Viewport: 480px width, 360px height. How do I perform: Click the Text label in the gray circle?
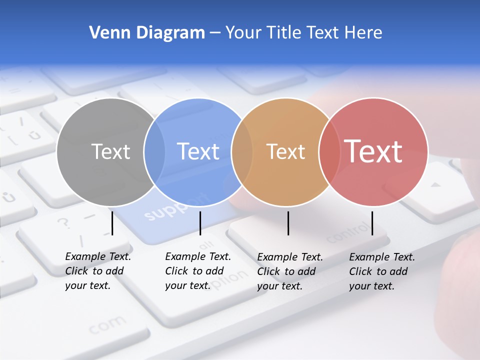[x=110, y=151]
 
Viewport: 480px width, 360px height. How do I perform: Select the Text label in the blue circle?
[x=198, y=151]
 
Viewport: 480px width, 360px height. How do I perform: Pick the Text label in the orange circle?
[x=285, y=151]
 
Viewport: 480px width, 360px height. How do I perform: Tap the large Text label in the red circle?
[x=373, y=151]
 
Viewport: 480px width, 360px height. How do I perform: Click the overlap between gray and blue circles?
[x=154, y=151]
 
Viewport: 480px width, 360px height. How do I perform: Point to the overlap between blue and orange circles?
[x=242, y=151]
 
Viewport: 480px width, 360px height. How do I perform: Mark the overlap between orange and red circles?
[x=329, y=151]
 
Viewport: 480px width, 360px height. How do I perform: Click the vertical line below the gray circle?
[x=112, y=223]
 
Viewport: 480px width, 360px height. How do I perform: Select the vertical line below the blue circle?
[x=200, y=223]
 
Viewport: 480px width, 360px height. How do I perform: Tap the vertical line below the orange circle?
[x=288, y=223]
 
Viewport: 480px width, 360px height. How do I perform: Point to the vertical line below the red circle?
[x=372, y=223]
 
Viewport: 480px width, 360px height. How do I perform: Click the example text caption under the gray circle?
[x=98, y=271]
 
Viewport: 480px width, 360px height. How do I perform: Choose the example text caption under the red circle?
[x=382, y=271]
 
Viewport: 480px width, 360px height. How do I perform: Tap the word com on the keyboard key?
[x=107, y=325]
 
